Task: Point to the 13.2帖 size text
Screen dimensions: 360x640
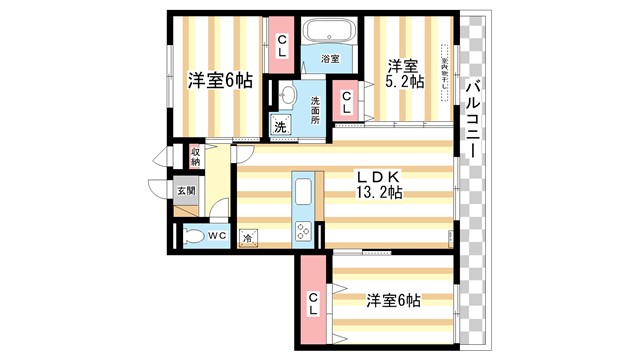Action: point(380,194)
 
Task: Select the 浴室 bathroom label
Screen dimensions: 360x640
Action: point(330,60)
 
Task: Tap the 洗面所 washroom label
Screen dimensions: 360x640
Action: point(315,109)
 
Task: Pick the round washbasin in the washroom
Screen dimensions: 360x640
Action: point(287,96)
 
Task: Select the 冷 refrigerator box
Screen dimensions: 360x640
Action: point(248,239)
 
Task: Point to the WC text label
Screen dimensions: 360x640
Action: point(218,237)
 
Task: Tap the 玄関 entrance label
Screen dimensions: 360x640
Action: point(187,191)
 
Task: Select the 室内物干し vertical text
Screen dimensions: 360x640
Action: point(445,70)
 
